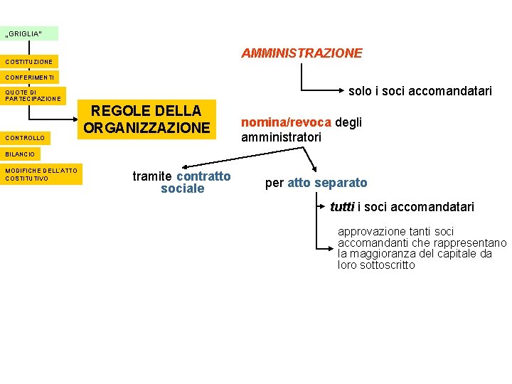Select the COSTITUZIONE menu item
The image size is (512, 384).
[29, 62]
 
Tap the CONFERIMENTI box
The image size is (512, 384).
[30, 77]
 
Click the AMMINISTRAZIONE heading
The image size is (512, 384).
[302, 53]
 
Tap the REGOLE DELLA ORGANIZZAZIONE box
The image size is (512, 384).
[147, 119]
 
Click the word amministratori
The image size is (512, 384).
[281, 137]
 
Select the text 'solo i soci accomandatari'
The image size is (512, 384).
[420, 91]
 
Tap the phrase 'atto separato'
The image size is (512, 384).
[327, 183]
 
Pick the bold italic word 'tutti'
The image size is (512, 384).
[342, 207]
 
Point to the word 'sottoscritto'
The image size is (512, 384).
[387, 265]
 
